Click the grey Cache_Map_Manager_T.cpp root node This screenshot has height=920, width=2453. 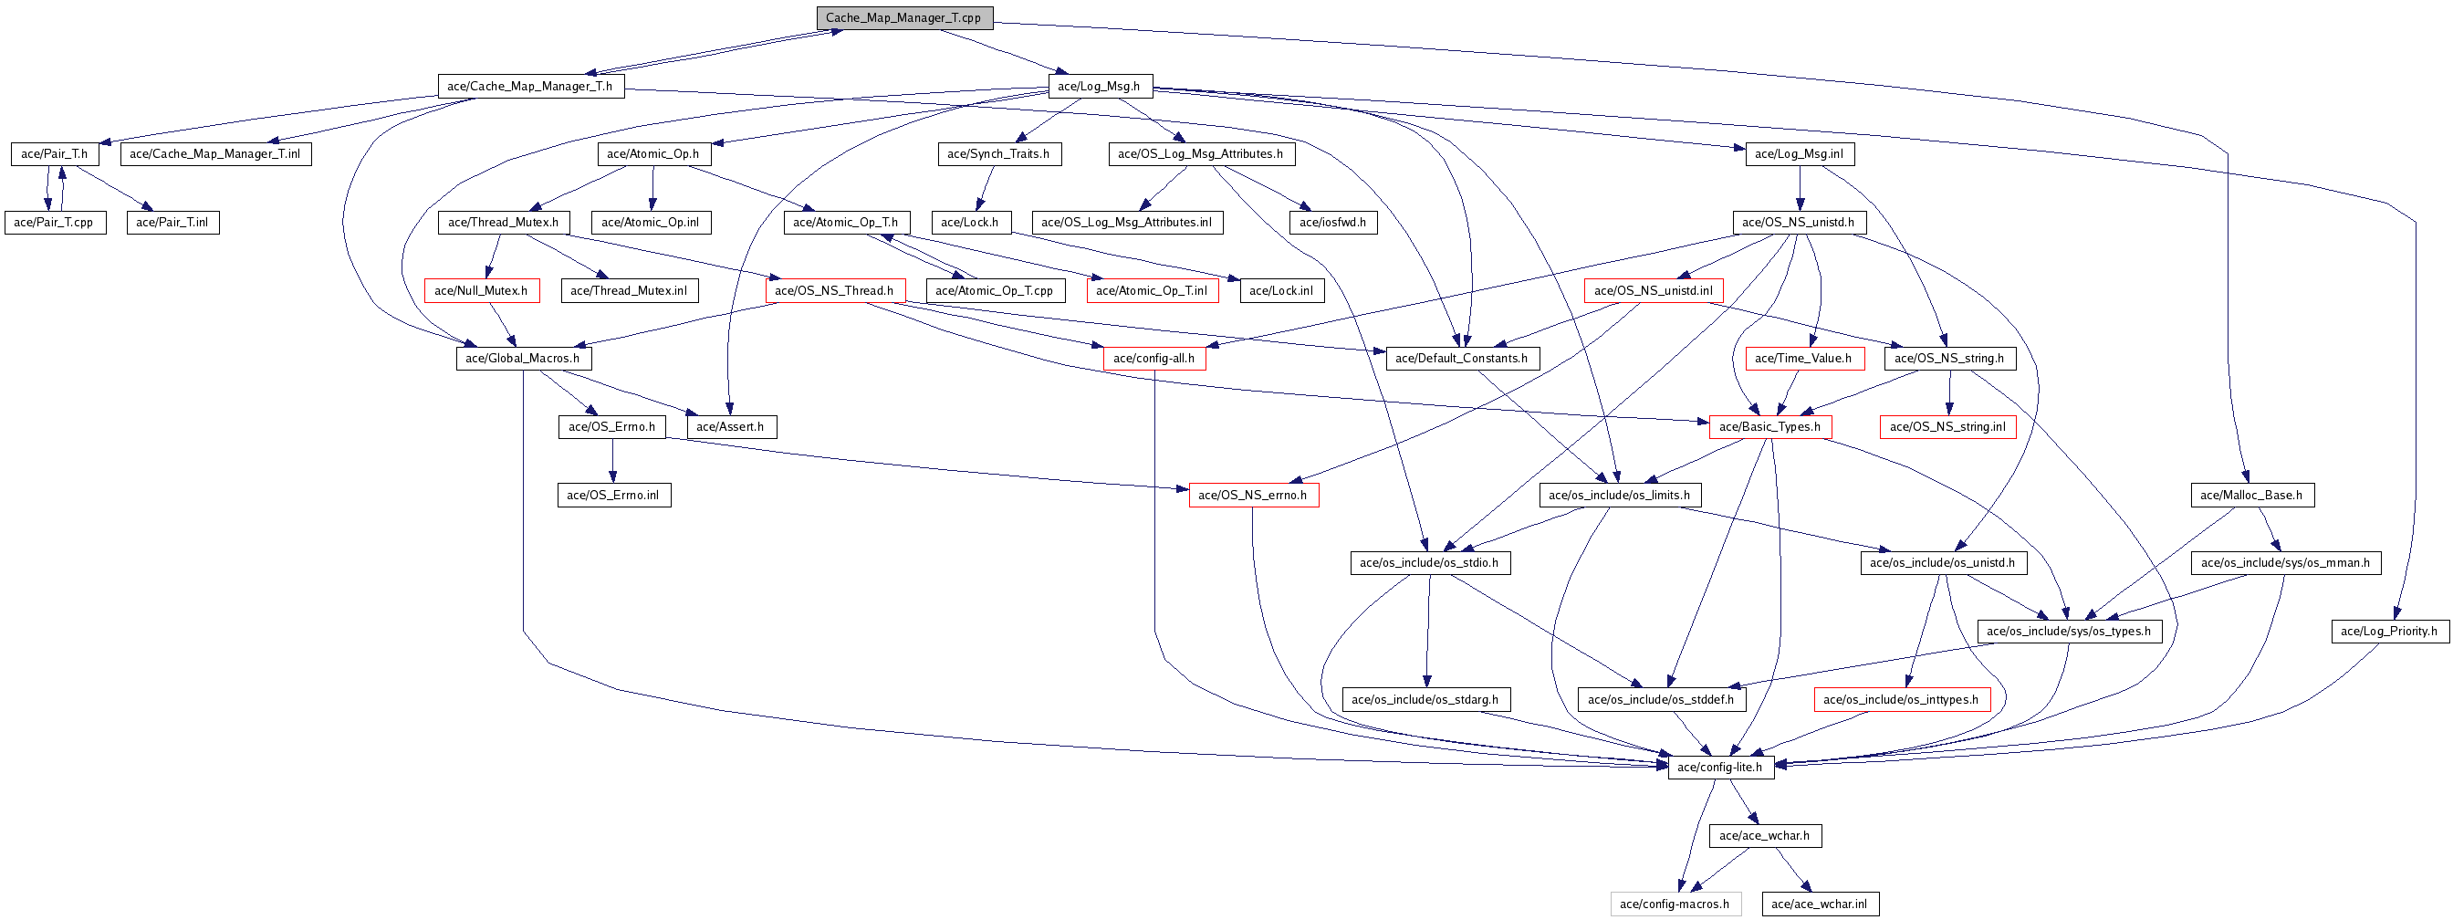[903, 17]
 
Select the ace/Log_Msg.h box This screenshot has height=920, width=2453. [1099, 86]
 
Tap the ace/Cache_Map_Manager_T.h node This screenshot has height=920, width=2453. [530, 86]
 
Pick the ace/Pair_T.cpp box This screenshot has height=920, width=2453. [54, 222]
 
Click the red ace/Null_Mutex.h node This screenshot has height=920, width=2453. [481, 290]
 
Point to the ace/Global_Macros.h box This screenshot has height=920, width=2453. [523, 358]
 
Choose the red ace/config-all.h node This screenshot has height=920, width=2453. [1154, 358]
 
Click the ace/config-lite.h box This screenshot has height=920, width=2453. [1720, 767]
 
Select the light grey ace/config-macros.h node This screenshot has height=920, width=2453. [1675, 904]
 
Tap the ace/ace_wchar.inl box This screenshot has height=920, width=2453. [1820, 904]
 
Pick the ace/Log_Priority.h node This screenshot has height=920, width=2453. [2389, 631]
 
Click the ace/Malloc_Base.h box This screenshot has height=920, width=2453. [2251, 495]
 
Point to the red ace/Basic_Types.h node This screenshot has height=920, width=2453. [1770, 426]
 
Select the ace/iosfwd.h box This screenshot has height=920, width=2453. [1333, 222]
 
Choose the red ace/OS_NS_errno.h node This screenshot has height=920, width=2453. [1253, 495]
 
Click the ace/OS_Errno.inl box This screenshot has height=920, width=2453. [613, 495]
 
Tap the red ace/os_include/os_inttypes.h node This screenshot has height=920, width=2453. [1901, 699]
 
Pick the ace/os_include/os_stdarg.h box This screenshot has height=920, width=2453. [1425, 699]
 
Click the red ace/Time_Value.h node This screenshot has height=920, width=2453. [1803, 358]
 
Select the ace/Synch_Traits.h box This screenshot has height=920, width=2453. [999, 153]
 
